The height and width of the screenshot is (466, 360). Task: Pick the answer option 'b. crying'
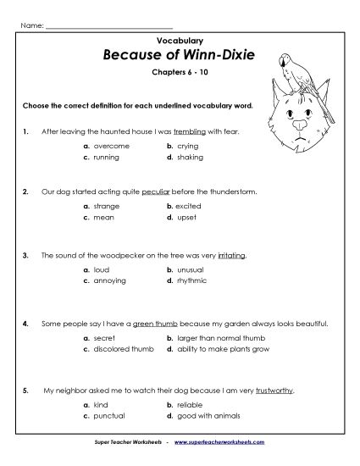(x=181, y=147)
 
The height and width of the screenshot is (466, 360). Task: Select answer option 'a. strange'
(x=101, y=207)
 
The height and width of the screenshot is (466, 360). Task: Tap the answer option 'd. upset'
(x=181, y=218)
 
